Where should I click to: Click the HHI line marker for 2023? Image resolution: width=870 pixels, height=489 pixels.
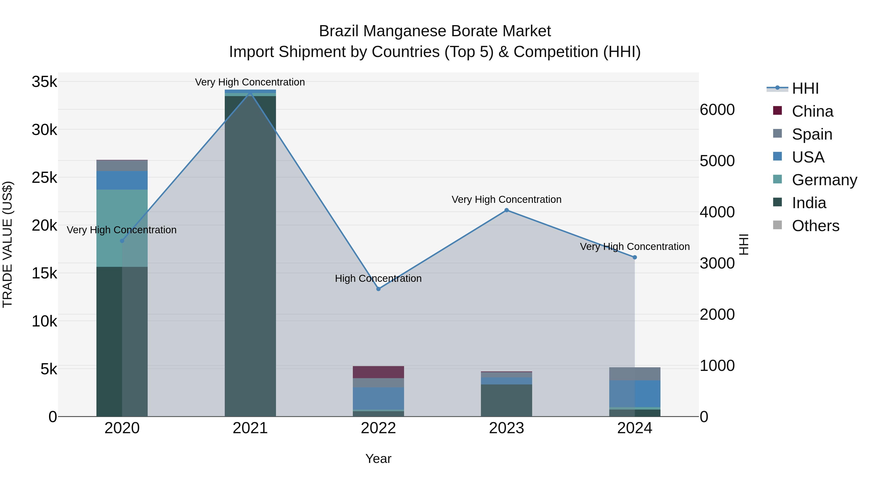[506, 210]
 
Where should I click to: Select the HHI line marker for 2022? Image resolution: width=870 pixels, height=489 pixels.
[378, 289]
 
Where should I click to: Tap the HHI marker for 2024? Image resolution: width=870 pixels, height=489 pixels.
[635, 257]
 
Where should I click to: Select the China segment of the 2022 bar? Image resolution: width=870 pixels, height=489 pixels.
[378, 372]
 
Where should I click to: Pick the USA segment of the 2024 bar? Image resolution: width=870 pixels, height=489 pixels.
[635, 394]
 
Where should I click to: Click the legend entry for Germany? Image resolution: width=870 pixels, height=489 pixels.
[824, 180]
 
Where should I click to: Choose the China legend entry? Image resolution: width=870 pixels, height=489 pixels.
[812, 111]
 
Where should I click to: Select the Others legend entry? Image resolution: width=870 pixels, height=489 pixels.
[815, 226]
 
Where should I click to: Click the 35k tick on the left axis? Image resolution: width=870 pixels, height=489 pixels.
[44, 82]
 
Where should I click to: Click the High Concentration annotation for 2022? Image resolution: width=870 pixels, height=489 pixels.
[378, 278]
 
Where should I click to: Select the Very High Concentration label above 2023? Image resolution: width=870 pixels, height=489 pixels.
[506, 199]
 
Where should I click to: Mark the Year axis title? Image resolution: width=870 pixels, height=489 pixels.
[378, 459]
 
